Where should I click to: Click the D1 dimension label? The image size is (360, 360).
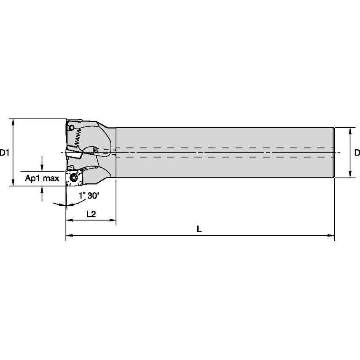pyautogui.click(x=5, y=153)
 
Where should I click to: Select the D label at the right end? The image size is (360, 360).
pyautogui.click(x=357, y=153)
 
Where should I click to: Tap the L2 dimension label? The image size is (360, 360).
pyautogui.click(x=91, y=214)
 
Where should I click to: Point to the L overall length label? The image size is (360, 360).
pyautogui.click(x=199, y=229)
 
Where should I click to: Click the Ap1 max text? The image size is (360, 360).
pyautogui.click(x=42, y=178)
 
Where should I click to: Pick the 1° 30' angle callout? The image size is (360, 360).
pyautogui.click(x=89, y=196)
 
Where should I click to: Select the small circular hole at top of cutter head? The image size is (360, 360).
pyautogui.click(x=72, y=127)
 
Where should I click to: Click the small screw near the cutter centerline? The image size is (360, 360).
pyautogui.click(x=94, y=149)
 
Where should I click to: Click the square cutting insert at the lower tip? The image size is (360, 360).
pyautogui.click(x=74, y=177)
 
